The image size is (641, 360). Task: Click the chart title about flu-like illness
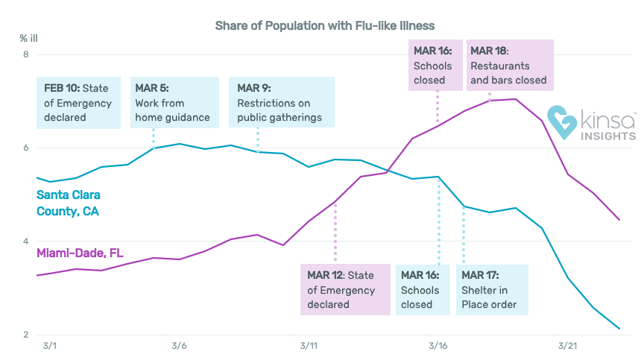point(324,26)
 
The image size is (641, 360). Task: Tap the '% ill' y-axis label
point(28,39)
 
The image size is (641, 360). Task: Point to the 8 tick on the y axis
point(26,54)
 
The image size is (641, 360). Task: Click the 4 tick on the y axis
point(26,241)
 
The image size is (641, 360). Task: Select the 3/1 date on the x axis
point(50,346)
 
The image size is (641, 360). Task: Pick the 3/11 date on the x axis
point(309,346)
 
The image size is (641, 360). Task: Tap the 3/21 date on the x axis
point(568,346)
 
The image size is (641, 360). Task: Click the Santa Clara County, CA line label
point(69,203)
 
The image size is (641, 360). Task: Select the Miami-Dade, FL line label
point(80,253)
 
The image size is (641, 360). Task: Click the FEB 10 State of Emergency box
point(78,103)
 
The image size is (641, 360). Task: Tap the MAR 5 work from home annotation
point(174,103)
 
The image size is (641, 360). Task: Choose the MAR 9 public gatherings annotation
point(282,102)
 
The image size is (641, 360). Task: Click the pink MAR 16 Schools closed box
point(435,66)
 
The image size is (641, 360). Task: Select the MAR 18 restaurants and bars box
point(510,66)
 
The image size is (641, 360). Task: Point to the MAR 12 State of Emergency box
point(345,290)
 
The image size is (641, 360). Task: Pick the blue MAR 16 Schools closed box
point(423,290)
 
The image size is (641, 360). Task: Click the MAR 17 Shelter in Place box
point(492,290)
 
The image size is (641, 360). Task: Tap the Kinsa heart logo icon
point(562,122)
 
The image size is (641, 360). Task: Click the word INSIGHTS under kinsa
point(608,136)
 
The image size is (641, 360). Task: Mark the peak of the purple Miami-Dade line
point(516,99)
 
